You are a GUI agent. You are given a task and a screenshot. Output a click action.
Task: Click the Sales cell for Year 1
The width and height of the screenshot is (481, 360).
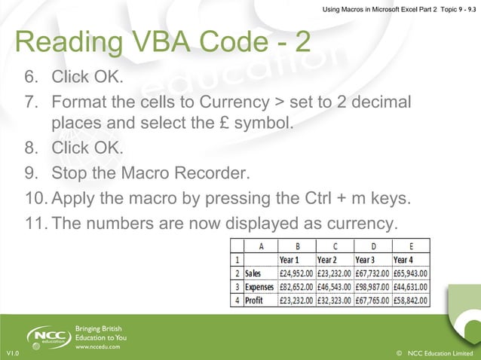coord(297,273)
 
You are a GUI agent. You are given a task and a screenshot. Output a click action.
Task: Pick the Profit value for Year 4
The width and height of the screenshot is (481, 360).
coord(411,300)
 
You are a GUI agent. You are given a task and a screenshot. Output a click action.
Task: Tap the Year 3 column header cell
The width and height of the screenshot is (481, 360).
coord(373,260)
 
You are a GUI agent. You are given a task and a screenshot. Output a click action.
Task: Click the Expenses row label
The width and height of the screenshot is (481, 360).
coord(260,287)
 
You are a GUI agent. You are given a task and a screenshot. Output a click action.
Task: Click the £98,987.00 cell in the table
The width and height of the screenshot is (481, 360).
coord(373,287)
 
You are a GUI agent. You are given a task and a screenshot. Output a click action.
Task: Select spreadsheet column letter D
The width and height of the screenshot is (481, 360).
coord(373,246)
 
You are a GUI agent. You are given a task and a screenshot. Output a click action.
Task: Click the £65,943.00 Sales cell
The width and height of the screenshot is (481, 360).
coord(411,273)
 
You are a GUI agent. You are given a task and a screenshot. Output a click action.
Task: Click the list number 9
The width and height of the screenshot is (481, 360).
coord(31,175)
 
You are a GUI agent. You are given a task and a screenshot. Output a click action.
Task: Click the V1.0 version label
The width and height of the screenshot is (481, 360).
coord(12,352)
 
